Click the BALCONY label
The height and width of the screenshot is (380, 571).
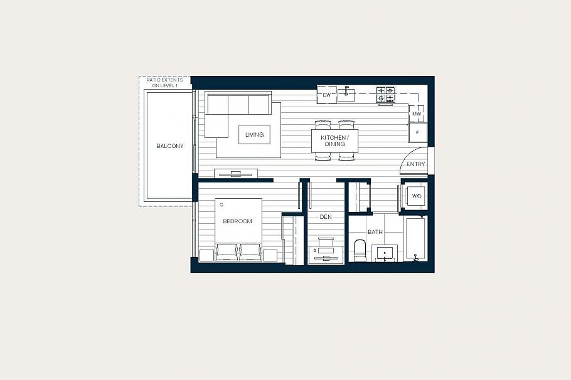(x=169, y=146)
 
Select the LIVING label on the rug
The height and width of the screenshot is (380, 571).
(x=254, y=134)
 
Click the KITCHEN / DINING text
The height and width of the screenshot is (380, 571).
(x=334, y=140)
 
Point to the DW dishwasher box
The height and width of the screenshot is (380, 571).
(x=326, y=95)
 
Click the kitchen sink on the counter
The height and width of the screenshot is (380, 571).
(x=346, y=95)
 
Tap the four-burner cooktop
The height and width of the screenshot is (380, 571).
(x=385, y=95)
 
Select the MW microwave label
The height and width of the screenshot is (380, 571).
(x=416, y=114)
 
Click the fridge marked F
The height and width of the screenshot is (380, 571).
(x=417, y=132)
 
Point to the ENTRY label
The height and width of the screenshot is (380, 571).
(x=415, y=164)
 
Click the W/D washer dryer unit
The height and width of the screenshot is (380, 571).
(x=416, y=196)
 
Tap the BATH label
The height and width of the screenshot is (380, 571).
(x=375, y=232)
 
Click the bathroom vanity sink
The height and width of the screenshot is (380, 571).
(x=384, y=253)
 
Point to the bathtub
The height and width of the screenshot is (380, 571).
(x=415, y=238)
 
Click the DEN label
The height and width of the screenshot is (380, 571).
(x=326, y=217)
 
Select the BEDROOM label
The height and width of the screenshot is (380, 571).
(x=237, y=221)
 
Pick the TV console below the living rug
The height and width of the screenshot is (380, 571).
(x=235, y=172)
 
